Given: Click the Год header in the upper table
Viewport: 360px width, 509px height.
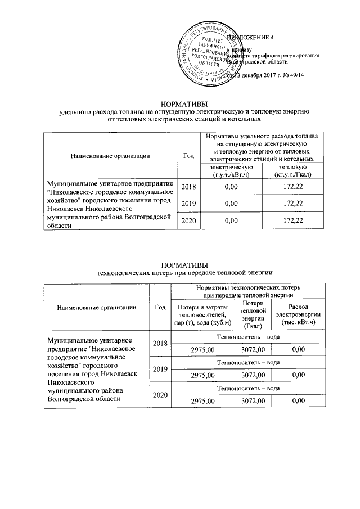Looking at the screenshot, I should coord(188,156).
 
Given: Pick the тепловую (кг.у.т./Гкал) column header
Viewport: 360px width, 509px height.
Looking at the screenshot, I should coord(290,171).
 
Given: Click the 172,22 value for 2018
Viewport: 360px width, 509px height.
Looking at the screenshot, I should coord(290,186).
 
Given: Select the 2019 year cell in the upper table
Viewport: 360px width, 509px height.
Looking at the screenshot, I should coord(188,202).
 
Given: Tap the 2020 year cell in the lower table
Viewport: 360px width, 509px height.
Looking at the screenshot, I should coord(160,395).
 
